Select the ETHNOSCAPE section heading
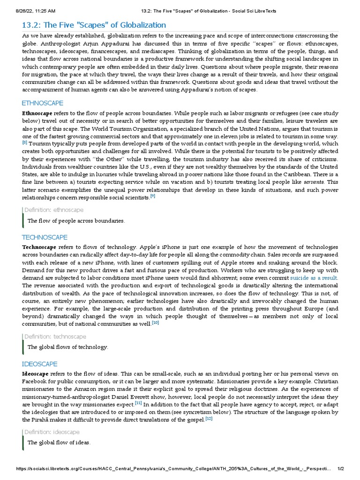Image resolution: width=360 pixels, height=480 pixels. pyautogui.click(x=43, y=103)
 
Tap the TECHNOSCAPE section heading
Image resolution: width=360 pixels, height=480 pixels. pyautogui.click(x=45, y=237)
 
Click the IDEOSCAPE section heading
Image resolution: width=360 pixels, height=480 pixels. pyautogui.click(x=40, y=364)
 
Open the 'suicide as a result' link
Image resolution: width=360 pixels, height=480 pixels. pyautogui.click(x=314, y=278)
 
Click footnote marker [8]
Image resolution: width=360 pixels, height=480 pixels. pyautogui.click(x=25, y=142)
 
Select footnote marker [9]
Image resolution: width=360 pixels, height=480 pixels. pyautogui.click(x=152, y=196)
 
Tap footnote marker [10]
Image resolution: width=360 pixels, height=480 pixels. pyautogui.click(x=155, y=322)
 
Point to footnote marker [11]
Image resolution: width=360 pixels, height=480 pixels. pyautogui.click(x=138, y=403)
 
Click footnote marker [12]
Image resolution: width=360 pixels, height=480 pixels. pyautogui.click(x=209, y=419)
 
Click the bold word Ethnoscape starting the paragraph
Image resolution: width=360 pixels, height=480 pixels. pyautogui.click(x=37, y=113)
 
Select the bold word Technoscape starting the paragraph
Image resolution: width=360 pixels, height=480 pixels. pyautogui.click(x=39, y=247)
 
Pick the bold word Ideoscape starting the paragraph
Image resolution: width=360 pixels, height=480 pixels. pyautogui.click(x=36, y=374)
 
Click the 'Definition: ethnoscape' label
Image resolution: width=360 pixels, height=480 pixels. pyautogui.click(x=54, y=210)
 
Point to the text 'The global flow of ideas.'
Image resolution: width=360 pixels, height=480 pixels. pyautogui.click(x=59, y=442)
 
